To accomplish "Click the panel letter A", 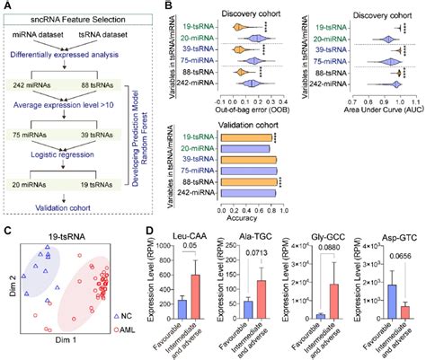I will (x=7, y=7).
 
